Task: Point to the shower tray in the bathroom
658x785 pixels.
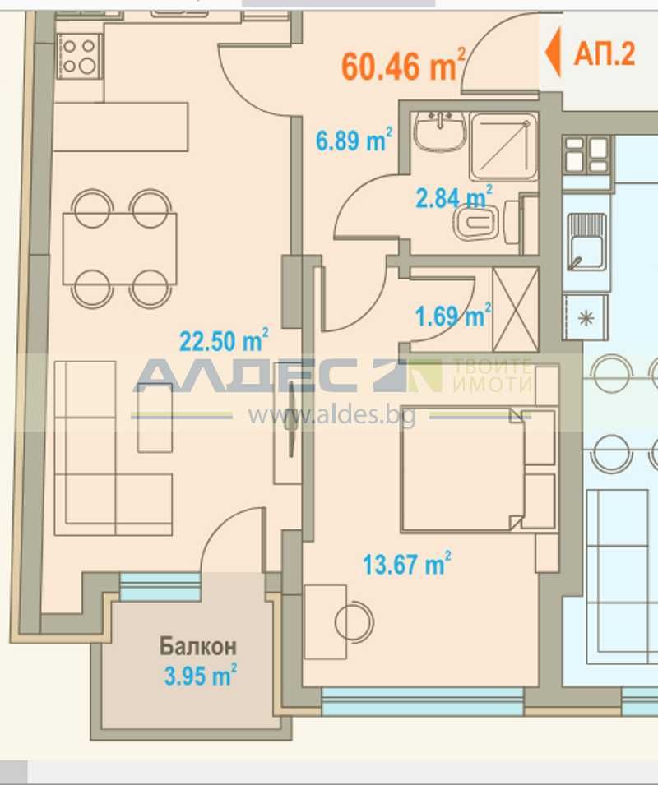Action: (503, 146)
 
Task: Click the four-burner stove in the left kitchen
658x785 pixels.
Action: (79, 55)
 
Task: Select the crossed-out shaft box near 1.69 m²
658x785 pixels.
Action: (514, 308)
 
